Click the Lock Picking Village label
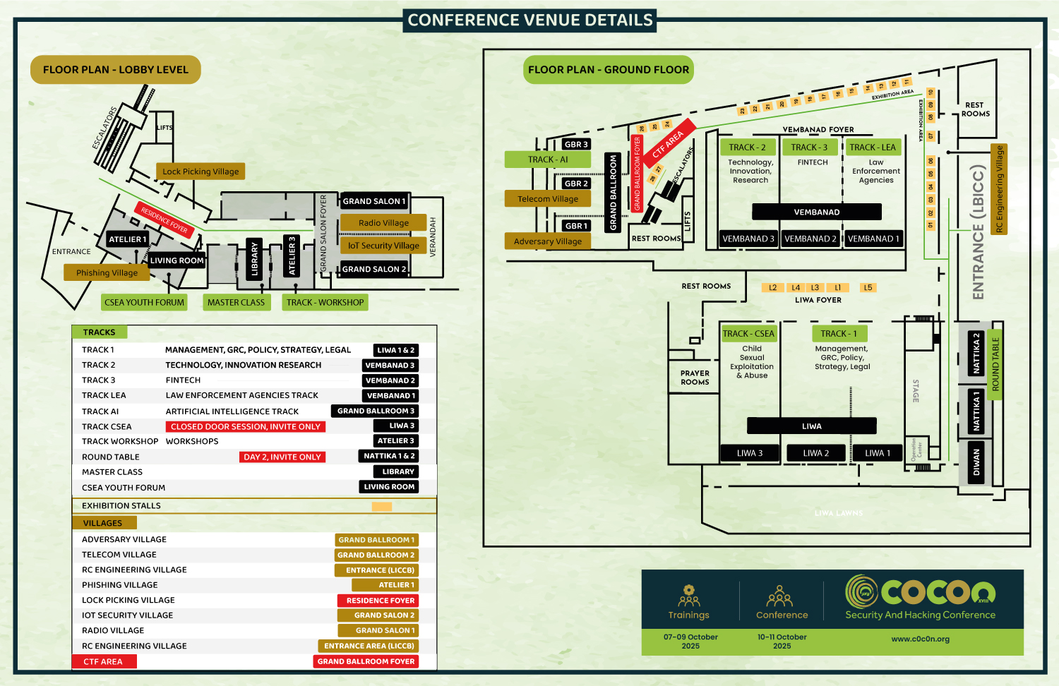tap(201, 171)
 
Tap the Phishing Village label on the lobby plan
tap(107, 273)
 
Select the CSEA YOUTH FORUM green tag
tap(144, 303)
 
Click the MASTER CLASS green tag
tap(236, 303)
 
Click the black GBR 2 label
tap(576, 183)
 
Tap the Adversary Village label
tap(548, 241)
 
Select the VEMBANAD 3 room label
tap(748, 239)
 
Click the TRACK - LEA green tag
tap(873, 148)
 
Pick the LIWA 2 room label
tap(815, 453)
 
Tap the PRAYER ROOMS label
tap(695, 378)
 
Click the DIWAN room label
tap(976, 462)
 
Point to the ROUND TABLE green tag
tap(995, 364)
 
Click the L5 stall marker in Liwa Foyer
tap(868, 288)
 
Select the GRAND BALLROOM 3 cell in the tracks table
tap(376, 411)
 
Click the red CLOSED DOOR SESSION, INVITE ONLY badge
tap(246, 427)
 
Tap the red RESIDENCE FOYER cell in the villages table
tap(381, 601)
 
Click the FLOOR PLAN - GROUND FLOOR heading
tap(609, 70)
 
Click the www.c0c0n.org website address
tap(920, 639)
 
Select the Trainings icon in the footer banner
tap(689, 596)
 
